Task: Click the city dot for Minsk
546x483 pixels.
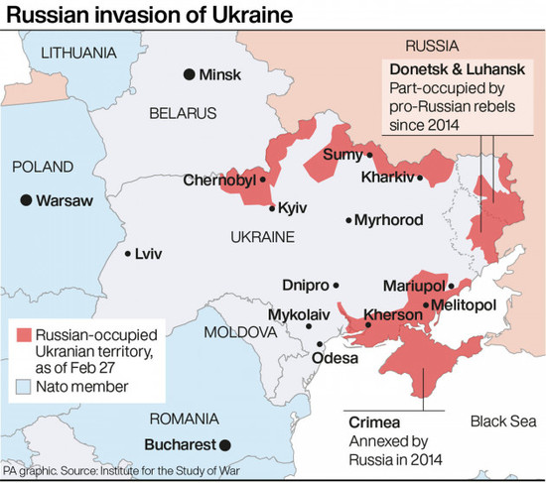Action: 188,74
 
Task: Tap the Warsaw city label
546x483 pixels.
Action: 64,200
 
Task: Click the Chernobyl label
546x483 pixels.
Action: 219,181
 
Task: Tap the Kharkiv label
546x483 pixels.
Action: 389,180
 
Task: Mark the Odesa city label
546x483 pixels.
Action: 336,358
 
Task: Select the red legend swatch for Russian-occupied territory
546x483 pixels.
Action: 25,338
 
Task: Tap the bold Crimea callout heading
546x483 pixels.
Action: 373,422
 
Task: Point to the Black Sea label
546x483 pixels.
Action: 502,419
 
